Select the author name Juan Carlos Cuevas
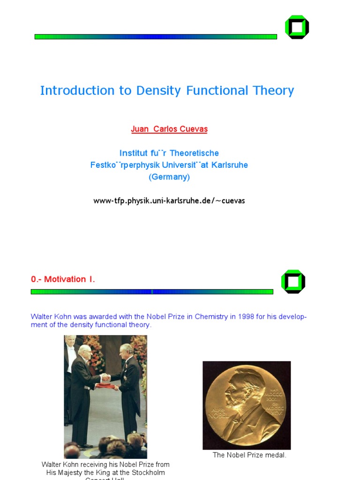(x=169, y=129)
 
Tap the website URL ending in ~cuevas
(x=169, y=201)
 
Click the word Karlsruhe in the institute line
(x=230, y=165)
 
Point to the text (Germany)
(x=169, y=177)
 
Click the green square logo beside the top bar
(x=297, y=27)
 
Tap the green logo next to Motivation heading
(x=293, y=282)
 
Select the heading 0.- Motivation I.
(x=63, y=279)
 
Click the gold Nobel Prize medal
(x=247, y=405)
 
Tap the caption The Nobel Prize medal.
(x=249, y=455)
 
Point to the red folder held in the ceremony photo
(x=105, y=386)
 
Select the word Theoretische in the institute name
(x=194, y=153)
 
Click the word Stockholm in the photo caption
(x=146, y=472)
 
